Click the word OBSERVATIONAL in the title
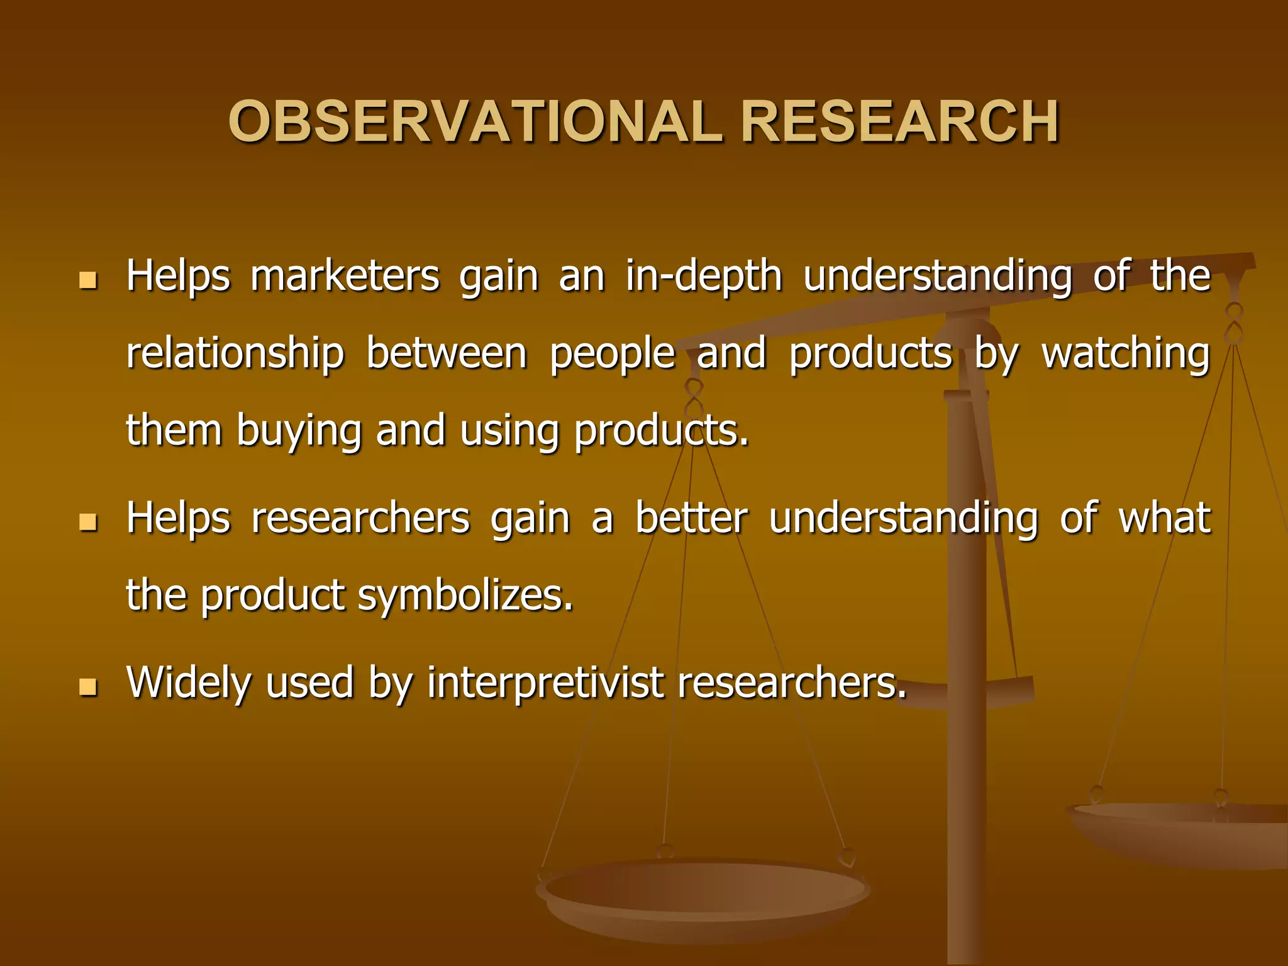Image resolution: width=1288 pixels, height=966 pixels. tap(475, 122)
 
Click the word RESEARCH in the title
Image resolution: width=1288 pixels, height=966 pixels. tap(900, 122)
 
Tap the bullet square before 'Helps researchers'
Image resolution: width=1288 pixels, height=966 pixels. tap(88, 522)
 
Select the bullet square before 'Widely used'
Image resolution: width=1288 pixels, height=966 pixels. tap(88, 687)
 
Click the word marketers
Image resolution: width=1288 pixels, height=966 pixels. tap(345, 277)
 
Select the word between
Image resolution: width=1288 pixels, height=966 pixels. tap(446, 353)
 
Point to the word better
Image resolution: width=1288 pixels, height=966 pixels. tap(691, 519)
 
